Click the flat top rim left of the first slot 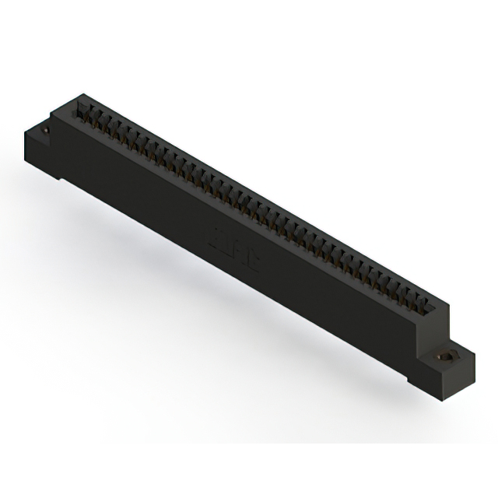(78, 105)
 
